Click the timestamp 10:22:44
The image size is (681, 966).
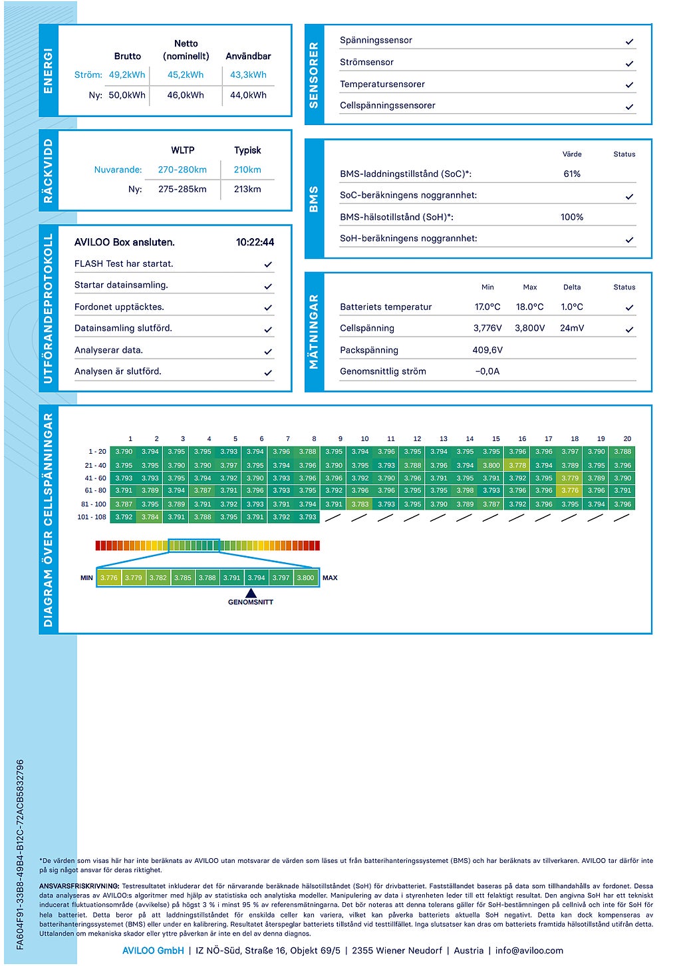[x=255, y=242]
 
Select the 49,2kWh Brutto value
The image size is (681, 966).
[x=127, y=75]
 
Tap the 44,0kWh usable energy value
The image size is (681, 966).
[x=248, y=95]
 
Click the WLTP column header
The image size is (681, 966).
[x=183, y=150]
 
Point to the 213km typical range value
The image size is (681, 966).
[x=247, y=189]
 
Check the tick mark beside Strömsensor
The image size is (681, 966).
[x=629, y=63]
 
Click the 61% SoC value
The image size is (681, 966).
[x=572, y=174]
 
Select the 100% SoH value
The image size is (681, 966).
[x=572, y=217]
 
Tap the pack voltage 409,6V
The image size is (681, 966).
[x=487, y=350]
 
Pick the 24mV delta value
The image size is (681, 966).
[x=572, y=328]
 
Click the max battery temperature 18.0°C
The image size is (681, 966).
[x=530, y=307]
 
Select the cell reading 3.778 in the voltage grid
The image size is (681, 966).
[x=517, y=465]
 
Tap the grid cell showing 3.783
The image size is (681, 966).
[x=360, y=504]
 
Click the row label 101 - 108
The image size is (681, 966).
[x=92, y=517]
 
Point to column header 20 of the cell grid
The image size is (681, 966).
[x=627, y=439]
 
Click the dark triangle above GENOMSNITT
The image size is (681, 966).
[x=251, y=593]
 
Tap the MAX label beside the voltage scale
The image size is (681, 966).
[x=330, y=578]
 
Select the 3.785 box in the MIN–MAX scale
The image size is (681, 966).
[x=183, y=577]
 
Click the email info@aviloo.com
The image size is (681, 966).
[x=529, y=951]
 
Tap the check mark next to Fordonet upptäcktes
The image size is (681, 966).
[x=268, y=308]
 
